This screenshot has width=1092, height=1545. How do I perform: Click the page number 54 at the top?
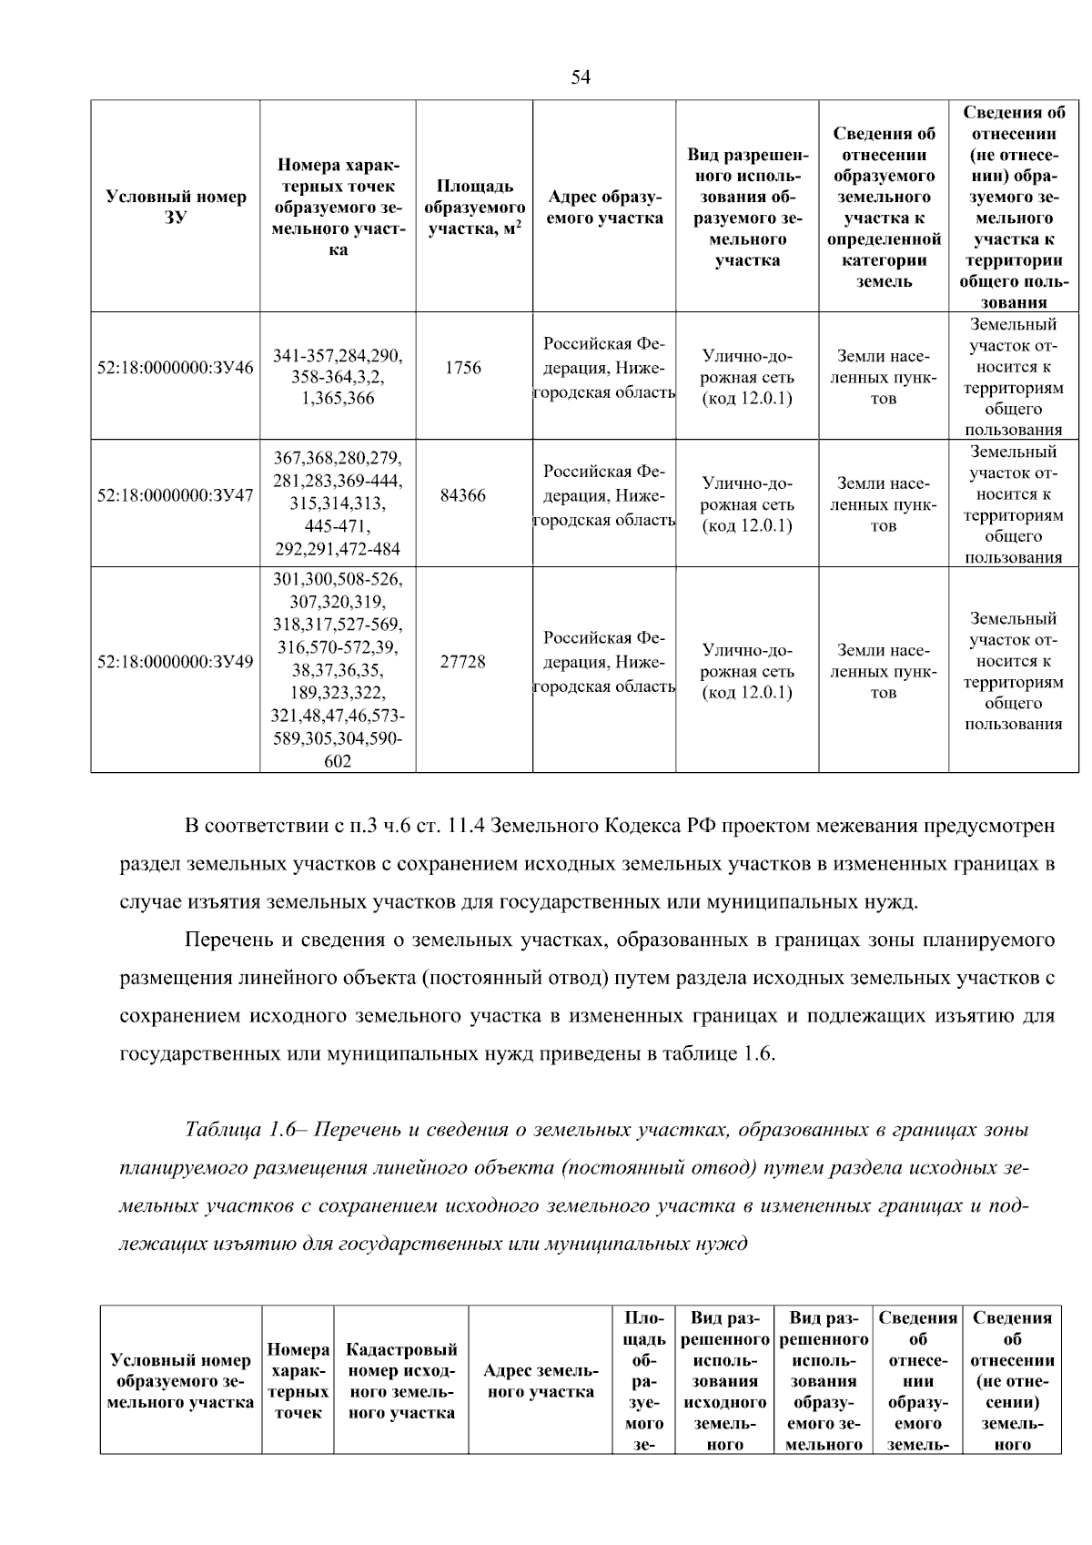(x=581, y=77)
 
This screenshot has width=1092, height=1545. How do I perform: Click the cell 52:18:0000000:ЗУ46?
(x=176, y=368)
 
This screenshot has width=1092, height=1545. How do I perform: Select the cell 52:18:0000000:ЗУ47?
(x=176, y=495)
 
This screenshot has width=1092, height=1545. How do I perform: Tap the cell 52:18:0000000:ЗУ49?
(x=176, y=662)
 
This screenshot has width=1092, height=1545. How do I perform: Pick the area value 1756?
(x=463, y=368)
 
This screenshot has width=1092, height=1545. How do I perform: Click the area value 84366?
(x=463, y=495)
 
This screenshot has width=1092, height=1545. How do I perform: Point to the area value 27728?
(x=463, y=662)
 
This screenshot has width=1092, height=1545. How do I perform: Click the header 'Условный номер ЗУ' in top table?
(x=176, y=207)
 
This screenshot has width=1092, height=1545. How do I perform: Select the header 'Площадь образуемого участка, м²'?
(x=475, y=208)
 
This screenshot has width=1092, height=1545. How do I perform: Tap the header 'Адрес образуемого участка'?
(x=604, y=208)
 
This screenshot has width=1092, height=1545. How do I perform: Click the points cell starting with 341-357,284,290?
(x=338, y=377)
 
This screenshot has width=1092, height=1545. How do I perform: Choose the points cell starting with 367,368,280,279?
(x=338, y=503)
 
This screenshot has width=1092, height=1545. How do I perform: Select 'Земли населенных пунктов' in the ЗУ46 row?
(x=883, y=377)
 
